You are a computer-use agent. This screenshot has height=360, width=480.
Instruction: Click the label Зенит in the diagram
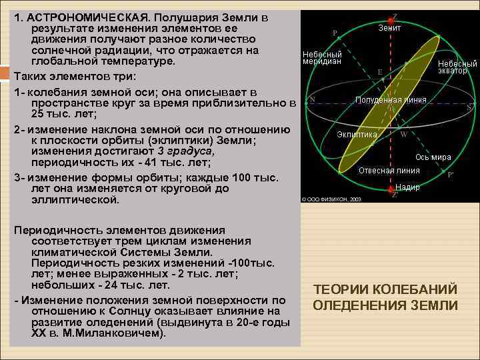389,28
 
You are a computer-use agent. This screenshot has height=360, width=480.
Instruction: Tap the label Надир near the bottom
407,187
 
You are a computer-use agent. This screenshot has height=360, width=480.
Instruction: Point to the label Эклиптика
356,134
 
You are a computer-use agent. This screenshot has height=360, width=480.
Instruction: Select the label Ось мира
433,157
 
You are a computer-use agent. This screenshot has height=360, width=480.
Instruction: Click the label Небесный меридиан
322,57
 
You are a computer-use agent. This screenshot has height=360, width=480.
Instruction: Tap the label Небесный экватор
457,67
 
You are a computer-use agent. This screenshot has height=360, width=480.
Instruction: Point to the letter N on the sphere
312,101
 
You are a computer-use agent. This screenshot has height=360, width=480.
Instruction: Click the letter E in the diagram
379,71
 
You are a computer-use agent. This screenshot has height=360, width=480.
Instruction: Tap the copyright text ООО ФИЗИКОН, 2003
331,199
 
